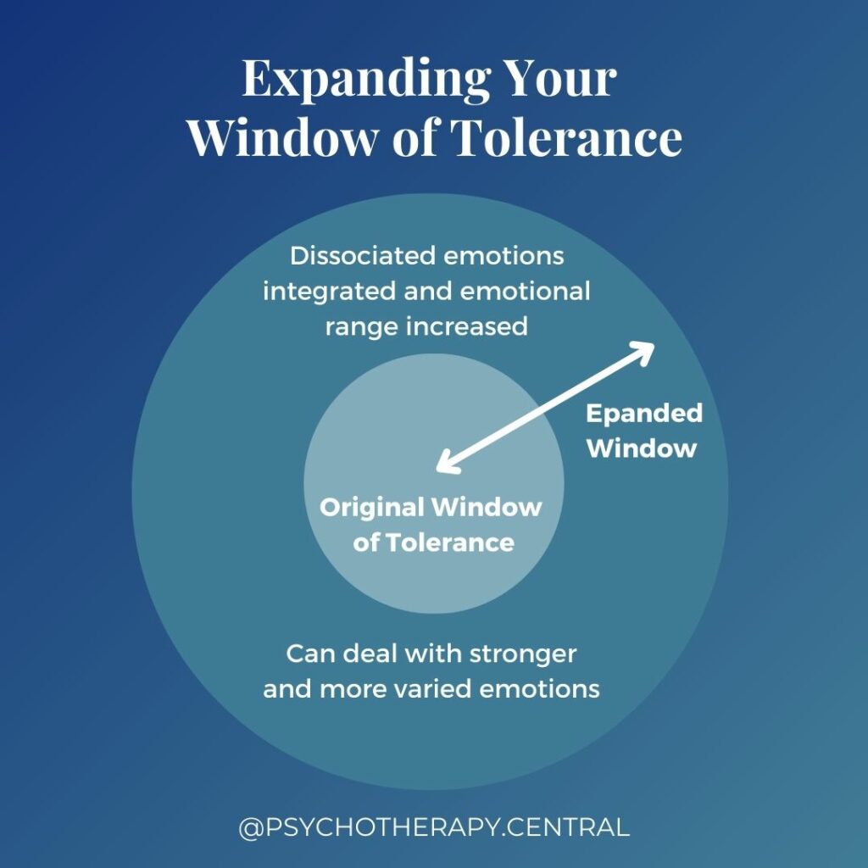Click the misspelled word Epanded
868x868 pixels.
click(x=644, y=413)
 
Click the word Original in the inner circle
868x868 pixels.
click(x=371, y=507)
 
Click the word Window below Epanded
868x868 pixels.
click(x=641, y=448)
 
